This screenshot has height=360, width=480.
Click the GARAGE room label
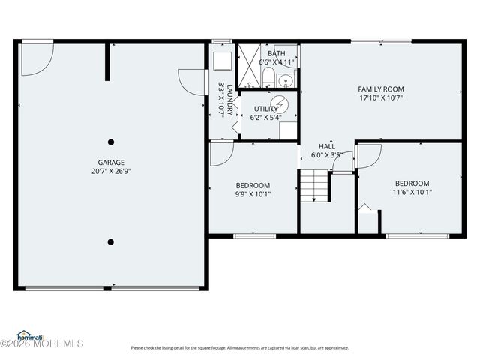pyautogui.click(x=111, y=162)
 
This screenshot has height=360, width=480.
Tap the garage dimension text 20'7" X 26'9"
pyautogui.click(x=111, y=171)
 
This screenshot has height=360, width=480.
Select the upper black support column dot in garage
pyautogui.click(x=111, y=142)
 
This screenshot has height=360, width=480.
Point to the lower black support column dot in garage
pyautogui.click(x=111, y=241)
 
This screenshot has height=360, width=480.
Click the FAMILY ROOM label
pyautogui.click(x=381, y=88)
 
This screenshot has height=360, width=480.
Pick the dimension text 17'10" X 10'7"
pyautogui.click(x=381, y=97)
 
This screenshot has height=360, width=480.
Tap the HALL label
pyautogui.click(x=327, y=146)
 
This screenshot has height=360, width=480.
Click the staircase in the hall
pyautogui.click(x=314, y=186)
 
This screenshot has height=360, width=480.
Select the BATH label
pyautogui.click(x=277, y=53)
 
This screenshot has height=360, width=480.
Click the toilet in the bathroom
pyautogui.click(x=268, y=77)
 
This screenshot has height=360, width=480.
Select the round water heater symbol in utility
pyautogui.click(x=278, y=103)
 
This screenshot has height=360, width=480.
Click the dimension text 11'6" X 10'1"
pyautogui.click(x=412, y=192)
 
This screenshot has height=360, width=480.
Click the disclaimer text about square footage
pyautogui.click(x=240, y=347)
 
